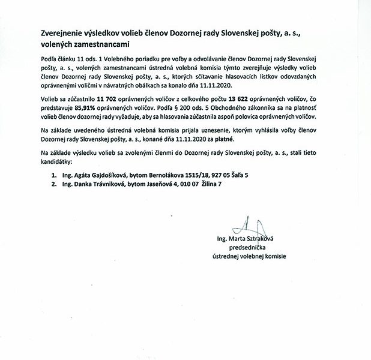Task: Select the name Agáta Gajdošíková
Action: pyautogui.click(x=97, y=175)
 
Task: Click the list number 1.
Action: pyautogui.click(x=53, y=175)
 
